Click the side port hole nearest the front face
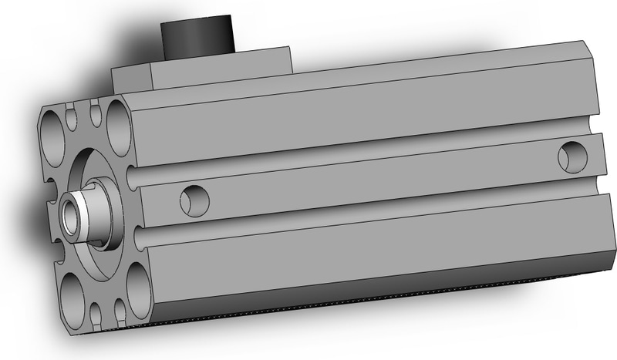coord(194,200)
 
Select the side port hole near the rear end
coord(572,156)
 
